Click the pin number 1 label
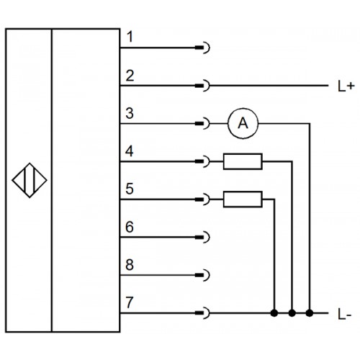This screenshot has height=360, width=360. (x=130, y=37)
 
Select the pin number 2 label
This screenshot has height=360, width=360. (x=130, y=76)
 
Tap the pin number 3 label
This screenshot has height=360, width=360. (x=130, y=113)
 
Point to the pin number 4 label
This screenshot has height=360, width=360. (x=130, y=151)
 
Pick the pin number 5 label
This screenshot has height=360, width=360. (x=130, y=189)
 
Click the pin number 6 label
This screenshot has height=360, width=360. (x=130, y=227)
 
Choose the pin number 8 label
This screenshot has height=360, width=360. (x=130, y=265)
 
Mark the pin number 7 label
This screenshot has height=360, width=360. (x=130, y=302)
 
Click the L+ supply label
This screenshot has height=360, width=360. (x=346, y=86)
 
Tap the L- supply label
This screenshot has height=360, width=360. (x=345, y=314)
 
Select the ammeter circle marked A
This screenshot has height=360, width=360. (x=243, y=123)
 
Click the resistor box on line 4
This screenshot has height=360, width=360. (x=243, y=161)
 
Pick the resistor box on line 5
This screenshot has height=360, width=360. (x=243, y=199)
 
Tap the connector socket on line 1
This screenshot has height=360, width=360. (x=203, y=48)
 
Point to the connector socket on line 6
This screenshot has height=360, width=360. (x=203, y=237)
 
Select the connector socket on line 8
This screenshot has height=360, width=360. (x=203, y=275)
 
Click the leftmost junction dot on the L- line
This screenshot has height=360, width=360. (x=274, y=313)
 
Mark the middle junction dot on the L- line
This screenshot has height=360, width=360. (x=292, y=313)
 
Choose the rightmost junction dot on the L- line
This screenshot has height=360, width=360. (x=310, y=313)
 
